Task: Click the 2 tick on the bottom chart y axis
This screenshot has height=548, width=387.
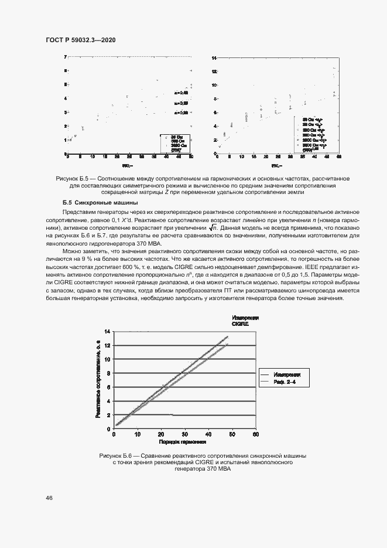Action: click(108, 415)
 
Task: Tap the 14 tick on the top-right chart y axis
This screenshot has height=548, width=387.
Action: click(214, 58)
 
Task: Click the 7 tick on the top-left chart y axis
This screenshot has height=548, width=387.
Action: click(66, 57)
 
